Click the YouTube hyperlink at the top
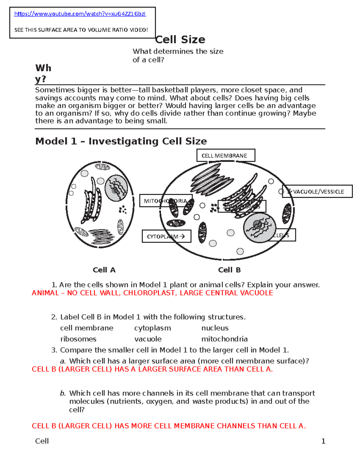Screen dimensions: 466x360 pos(80,14)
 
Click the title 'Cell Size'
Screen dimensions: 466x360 pos(180,39)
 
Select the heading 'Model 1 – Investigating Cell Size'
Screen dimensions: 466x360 pos(121,141)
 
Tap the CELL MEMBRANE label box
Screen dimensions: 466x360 pos(226,155)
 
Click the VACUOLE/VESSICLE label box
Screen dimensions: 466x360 pos(317,191)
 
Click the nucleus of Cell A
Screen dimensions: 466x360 pos(116,189)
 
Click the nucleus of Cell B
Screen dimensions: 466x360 pos(259,228)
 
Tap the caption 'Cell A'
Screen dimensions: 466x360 pos(104,270)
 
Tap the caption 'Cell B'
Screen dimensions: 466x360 pos(229,270)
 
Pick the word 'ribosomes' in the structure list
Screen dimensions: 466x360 pos(78,339)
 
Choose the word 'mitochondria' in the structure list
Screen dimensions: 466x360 pos(224,339)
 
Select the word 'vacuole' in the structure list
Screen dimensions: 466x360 pos(148,339)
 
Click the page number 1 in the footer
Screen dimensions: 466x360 pos(323,441)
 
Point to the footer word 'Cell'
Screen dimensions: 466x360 pos(42,441)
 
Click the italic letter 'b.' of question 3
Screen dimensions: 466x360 pos(63,393)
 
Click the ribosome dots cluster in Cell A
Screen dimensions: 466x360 pos(123,209)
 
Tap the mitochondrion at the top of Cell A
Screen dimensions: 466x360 pos(102,167)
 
